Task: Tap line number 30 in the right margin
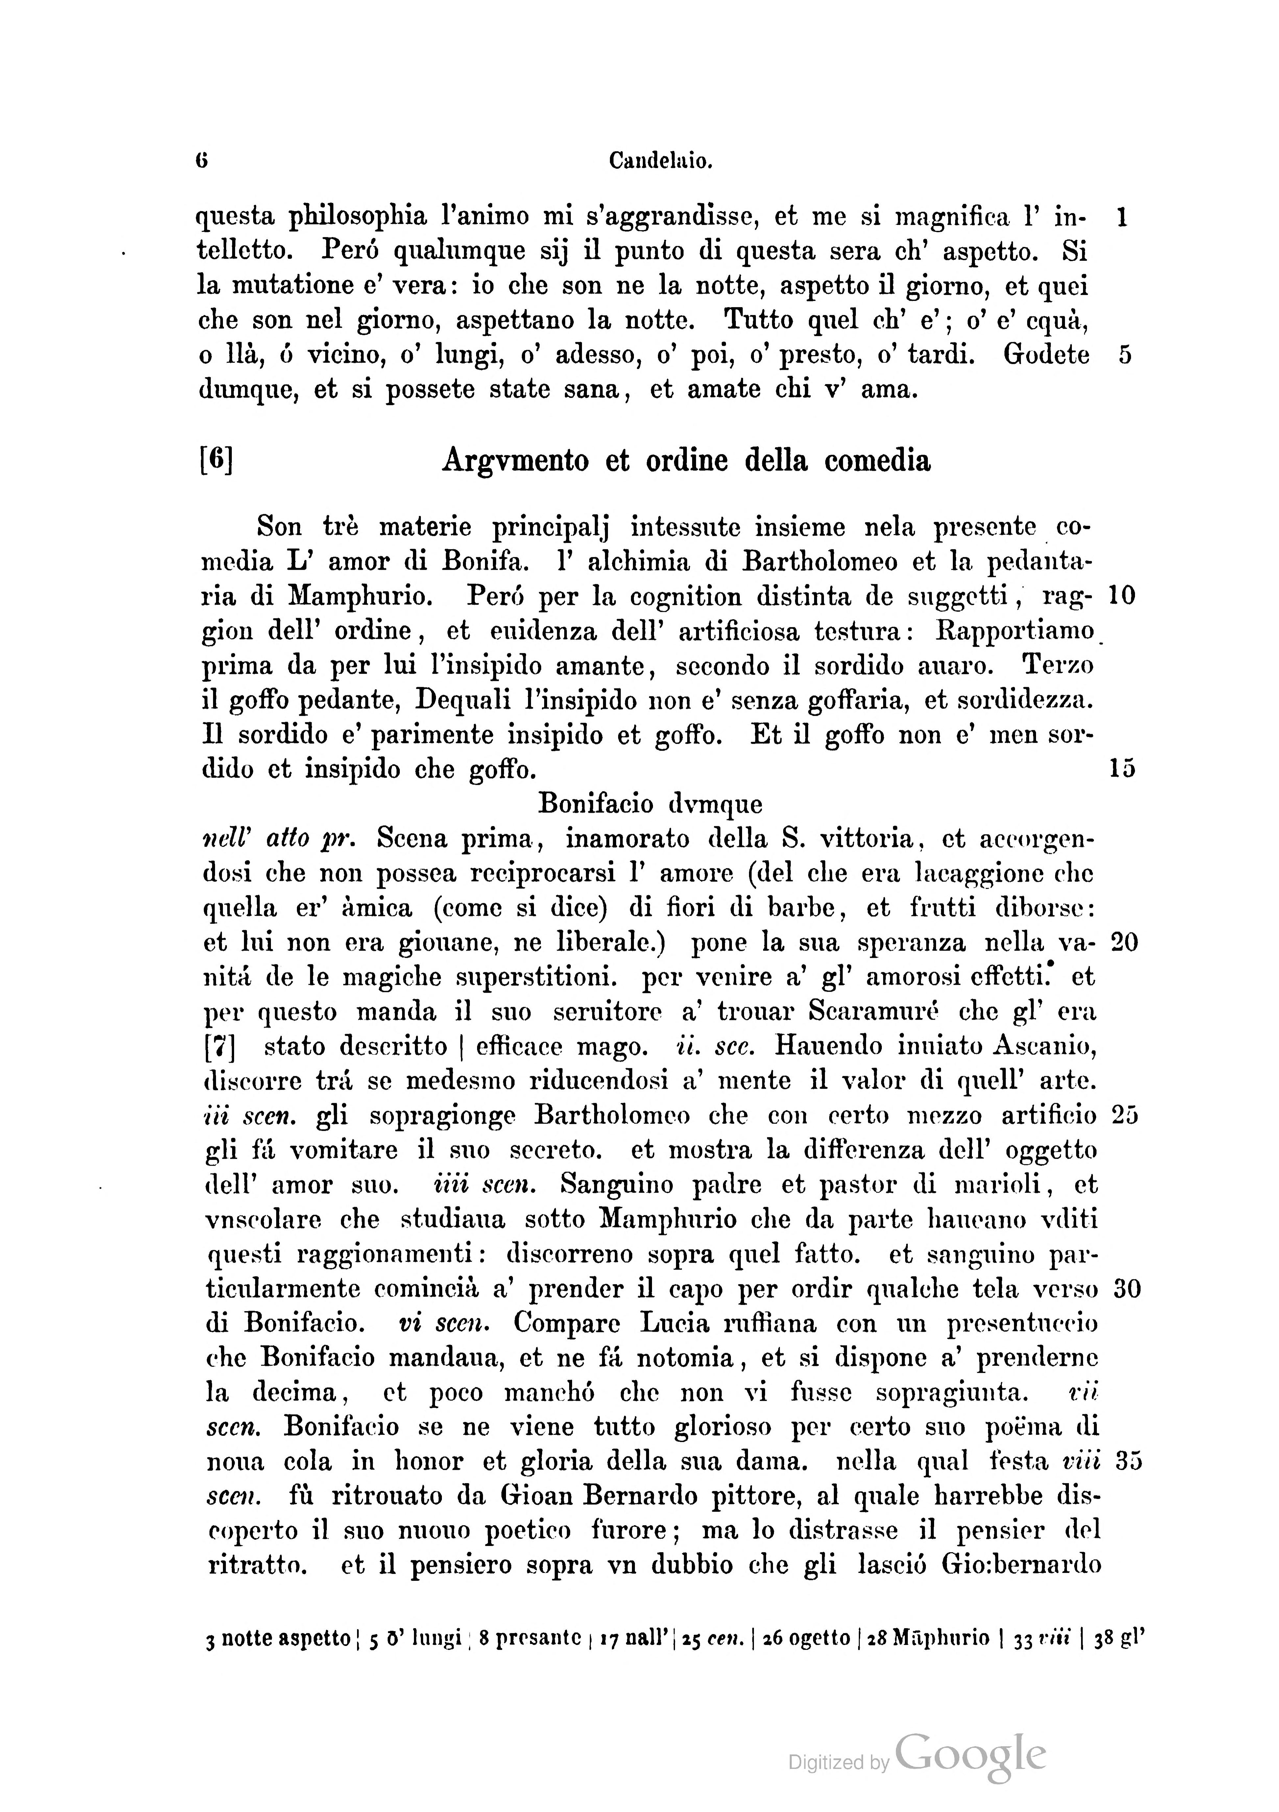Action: coord(1124,1289)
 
